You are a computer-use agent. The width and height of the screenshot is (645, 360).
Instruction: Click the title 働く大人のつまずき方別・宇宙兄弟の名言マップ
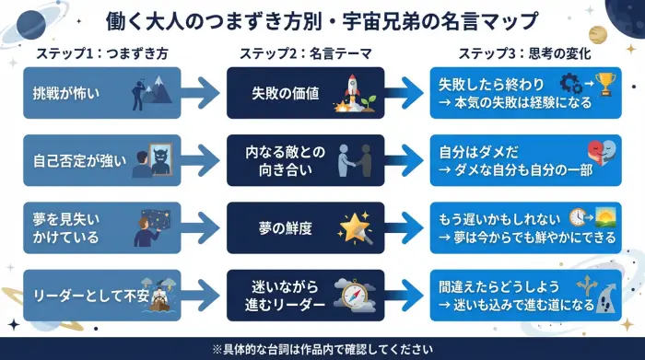click(322, 21)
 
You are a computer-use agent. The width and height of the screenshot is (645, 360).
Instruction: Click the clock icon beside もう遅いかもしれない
click(578, 216)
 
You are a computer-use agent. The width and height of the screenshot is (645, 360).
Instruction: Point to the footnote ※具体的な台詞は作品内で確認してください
click(322, 349)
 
